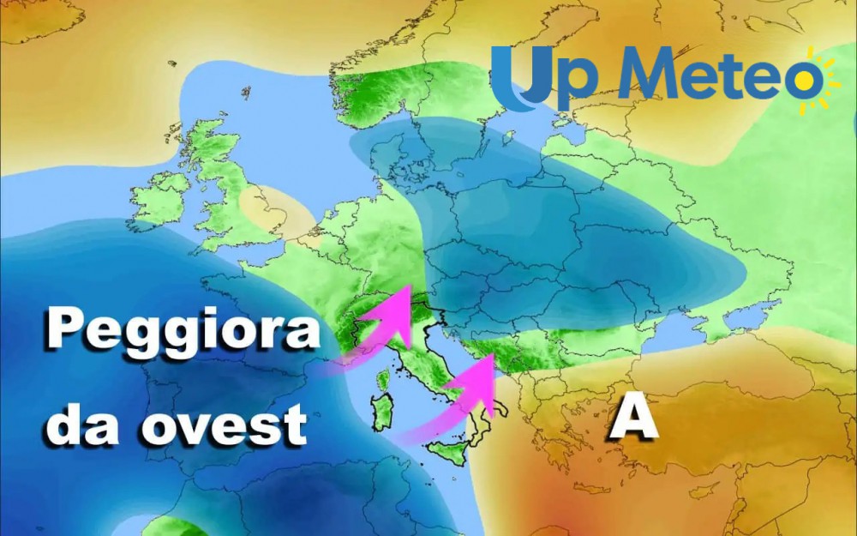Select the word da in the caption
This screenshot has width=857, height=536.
pyautogui.click(x=81, y=424)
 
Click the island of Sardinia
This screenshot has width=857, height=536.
pyautogui.click(x=383, y=412)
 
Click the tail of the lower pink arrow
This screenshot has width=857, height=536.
pyautogui.click(x=403, y=437)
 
